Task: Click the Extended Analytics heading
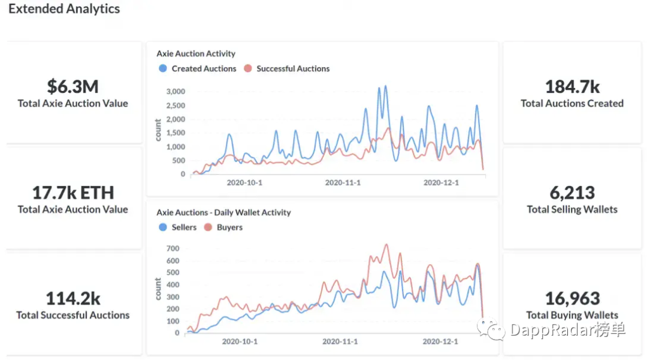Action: coord(64,9)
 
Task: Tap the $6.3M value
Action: coord(72,86)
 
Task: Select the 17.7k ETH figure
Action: coord(72,192)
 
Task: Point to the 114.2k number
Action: coord(72,298)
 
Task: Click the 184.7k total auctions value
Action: coord(572,86)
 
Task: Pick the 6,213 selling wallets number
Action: coord(572,192)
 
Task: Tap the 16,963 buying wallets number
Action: coord(572,298)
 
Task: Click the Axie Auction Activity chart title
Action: coord(196,53)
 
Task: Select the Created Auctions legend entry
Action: coord(198,69)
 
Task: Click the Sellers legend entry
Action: coord(178,228)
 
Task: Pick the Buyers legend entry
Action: coord(223,228)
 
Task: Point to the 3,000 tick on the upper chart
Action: coord(175,92)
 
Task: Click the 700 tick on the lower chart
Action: coord(173,248)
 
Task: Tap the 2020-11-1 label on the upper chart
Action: coord(343,183)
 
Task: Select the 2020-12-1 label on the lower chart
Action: coord(440,341)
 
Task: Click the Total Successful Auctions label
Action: coord(72,315)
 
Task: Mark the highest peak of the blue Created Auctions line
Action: coord(385,86)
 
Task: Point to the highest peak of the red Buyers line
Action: coord(386,244)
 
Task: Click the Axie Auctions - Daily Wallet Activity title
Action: coord(223,212)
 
